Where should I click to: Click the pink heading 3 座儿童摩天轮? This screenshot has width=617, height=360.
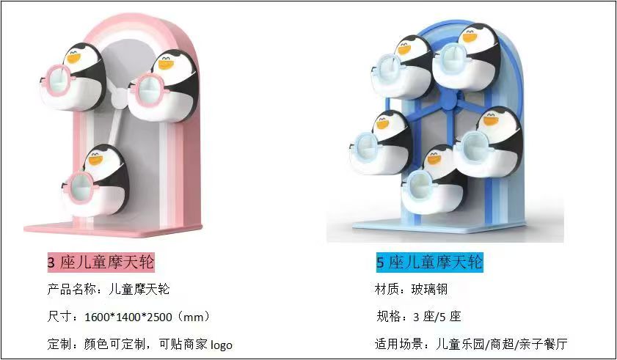[101, 262]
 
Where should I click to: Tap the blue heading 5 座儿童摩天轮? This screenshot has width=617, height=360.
[429, 262]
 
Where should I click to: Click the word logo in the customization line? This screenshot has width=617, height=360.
[221, 345]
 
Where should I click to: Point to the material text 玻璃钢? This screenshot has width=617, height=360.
[429, 290]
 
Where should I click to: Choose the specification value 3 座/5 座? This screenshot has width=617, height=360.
[437, 317]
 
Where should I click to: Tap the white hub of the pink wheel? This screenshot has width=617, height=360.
[117, 98]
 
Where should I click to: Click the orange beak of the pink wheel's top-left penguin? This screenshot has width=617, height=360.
[73, 57]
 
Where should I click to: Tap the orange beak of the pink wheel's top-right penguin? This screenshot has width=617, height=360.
[166, 64]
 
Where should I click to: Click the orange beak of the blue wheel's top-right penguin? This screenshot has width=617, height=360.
[470, 37]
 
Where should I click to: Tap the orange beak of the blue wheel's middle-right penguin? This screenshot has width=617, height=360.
[490, 120]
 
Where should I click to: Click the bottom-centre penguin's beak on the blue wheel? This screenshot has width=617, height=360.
[434, 160]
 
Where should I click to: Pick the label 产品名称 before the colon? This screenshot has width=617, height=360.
[71, 290]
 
